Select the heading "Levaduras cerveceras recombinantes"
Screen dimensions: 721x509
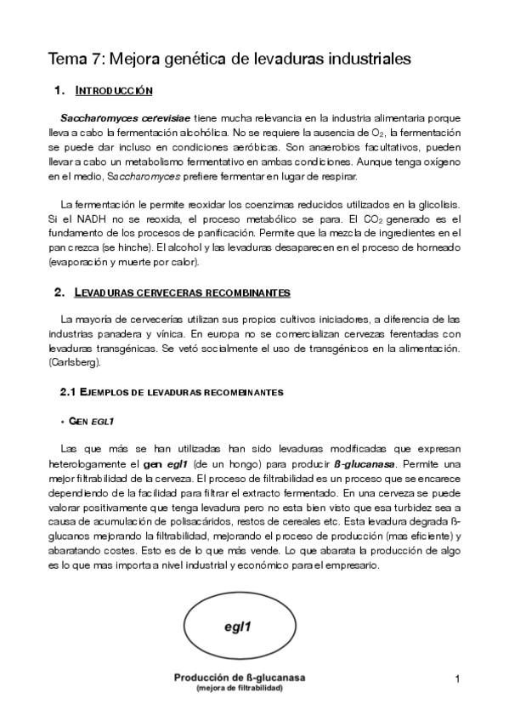pyautogui.click(x=182, y=292)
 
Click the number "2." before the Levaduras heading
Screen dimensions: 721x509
pyautogui.click(x=59, y=292)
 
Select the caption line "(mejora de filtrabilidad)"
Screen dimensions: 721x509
pyautogui.click(x=240, y=688)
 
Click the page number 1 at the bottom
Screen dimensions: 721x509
pyautogui.click(x=456, y=678)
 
